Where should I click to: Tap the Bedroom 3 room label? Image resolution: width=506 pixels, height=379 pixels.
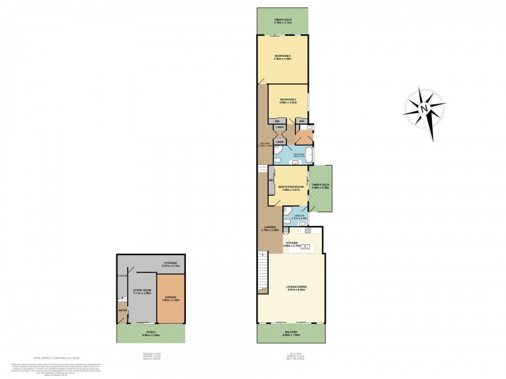(283, 56)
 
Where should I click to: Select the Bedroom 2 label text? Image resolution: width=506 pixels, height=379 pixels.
(288, 100)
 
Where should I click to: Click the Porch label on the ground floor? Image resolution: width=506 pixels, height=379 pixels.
(151, 332)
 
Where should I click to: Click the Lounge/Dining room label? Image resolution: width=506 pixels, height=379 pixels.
(292, 288)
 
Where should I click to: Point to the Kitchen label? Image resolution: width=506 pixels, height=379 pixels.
(292, 243)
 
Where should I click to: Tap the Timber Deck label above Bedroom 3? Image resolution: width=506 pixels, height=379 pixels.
(283, 20)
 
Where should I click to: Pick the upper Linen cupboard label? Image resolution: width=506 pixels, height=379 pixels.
(278, 127)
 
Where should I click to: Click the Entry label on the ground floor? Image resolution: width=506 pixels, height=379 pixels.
(122, 310)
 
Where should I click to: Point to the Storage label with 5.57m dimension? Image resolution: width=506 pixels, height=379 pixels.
(169, 262)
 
